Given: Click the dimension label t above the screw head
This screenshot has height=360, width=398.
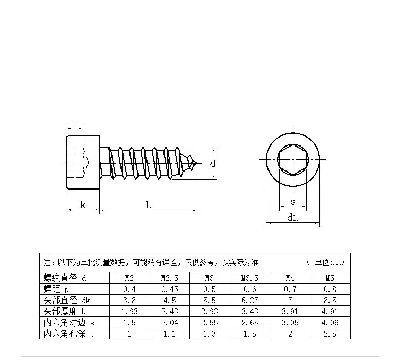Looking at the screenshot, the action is click(74, 124).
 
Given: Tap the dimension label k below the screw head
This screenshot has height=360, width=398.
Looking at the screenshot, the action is click(83, 204).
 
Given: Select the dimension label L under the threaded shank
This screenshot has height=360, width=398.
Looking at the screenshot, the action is click(149, 205).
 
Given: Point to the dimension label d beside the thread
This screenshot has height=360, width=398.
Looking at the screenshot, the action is click(213, 164).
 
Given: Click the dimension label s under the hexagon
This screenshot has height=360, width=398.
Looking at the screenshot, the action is click(293, 202).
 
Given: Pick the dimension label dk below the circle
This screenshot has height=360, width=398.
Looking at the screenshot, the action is click(292, 218).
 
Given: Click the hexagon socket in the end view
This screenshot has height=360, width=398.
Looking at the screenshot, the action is click(293, 159).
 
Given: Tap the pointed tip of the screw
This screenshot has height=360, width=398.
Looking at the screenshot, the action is click(197, 163).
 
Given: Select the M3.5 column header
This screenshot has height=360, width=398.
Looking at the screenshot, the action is click(250, 278).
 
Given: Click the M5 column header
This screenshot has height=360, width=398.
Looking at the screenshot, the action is click(330, 278).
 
